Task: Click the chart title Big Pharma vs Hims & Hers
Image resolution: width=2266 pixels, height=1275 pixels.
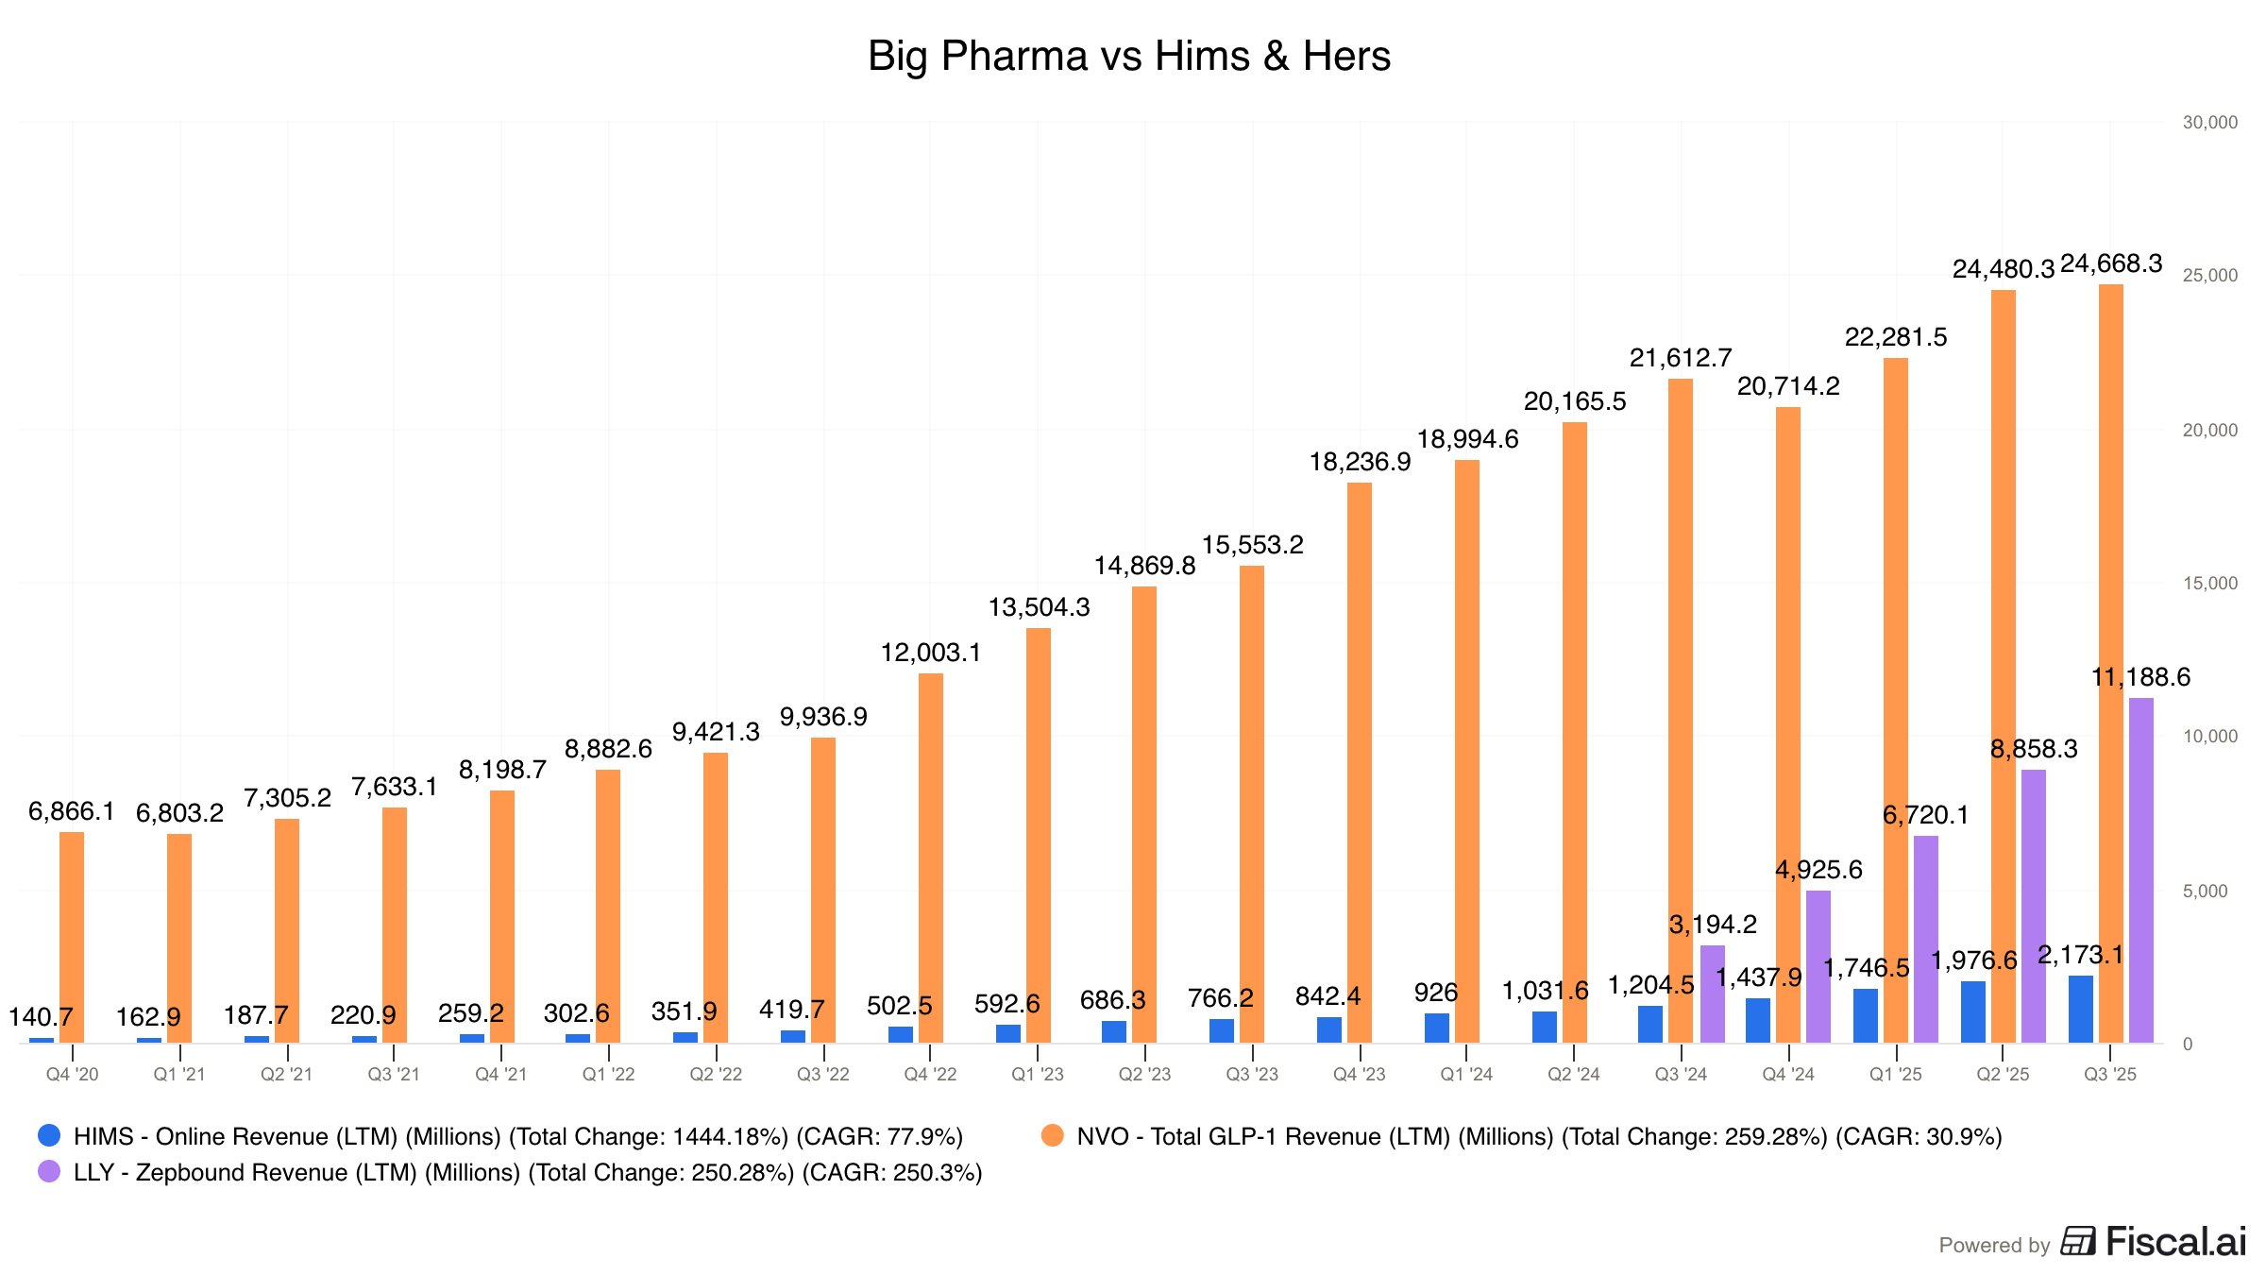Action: pyautogui.click(x=1128, y=56)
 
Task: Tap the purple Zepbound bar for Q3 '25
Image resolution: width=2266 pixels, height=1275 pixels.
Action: pyautogui.click(x=2140, y=870)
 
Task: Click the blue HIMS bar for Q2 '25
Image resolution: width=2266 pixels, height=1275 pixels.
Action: pyautogui.click(x=1972, y=1011)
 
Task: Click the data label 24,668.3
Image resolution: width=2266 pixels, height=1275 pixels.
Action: pyautogui.click(x=2110, y=263)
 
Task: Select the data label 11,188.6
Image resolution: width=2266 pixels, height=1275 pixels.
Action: pyautogui.click(x=2140, y=677)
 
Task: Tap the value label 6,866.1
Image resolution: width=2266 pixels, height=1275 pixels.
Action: pyautogui.click(x=71, y=811)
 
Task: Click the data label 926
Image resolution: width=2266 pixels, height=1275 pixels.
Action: pyautogui.click(x=1435, y=993)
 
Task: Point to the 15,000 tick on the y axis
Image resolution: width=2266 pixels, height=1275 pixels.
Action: pyautogui.click(x=2209, y=584)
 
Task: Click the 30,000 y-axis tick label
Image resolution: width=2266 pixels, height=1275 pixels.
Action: pyautogui.click(x=2209, y=123)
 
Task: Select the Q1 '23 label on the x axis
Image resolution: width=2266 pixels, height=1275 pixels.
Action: pyautogui.click(x=1037, y=1075)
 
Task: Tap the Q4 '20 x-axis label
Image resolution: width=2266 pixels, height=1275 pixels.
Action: pyautogui.click(x=72, y=1075)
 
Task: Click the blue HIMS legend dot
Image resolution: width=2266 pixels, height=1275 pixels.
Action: pyautogui.click(x=49, y=1135)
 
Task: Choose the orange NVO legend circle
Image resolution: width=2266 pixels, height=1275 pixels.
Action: pyautogui.click(x=1052, y=1135)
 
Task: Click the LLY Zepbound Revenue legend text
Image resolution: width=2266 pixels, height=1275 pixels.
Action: pyautogui.click(x=527, y=1172)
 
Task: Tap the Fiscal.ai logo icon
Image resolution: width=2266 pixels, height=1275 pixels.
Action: pyautogui.click(x=2077, y=1241)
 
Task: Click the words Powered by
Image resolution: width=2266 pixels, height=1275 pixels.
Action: pyautogui.click(x=1994, y=1245)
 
